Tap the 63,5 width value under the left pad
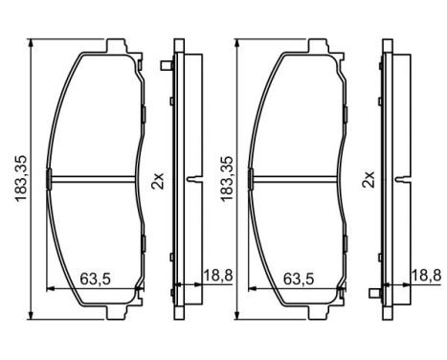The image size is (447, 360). [95, 279]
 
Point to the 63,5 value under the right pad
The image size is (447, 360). [299, 279]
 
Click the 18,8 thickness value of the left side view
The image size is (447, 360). [218, 275]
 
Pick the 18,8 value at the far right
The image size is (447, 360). [426, 275]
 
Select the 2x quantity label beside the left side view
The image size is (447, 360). [158, 181]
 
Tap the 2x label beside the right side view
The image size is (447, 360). [368, 179]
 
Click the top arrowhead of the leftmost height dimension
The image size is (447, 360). [31, 43]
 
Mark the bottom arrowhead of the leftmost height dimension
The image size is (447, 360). [31, 314]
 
